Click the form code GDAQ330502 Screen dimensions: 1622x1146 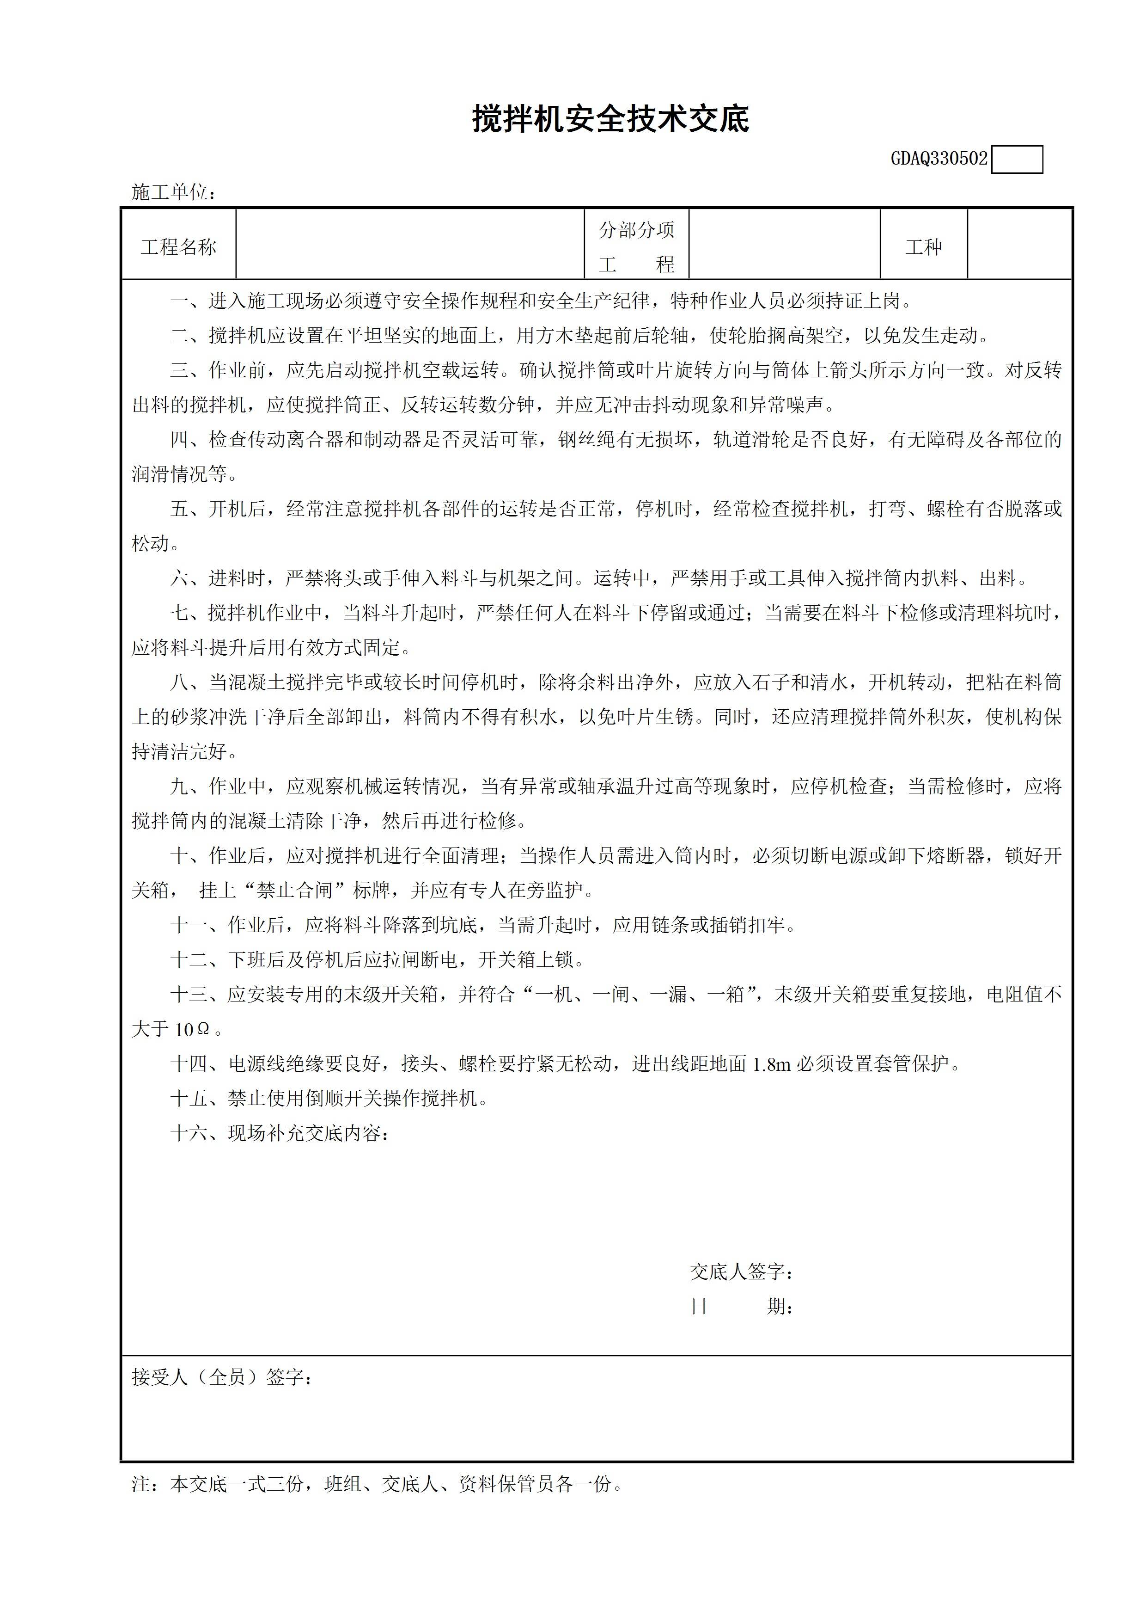point(939,159)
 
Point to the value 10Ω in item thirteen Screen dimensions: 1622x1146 point(192,1030)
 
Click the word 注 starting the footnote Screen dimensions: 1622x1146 point(140,1484)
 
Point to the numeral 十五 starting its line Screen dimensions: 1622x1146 point(189,1099)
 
